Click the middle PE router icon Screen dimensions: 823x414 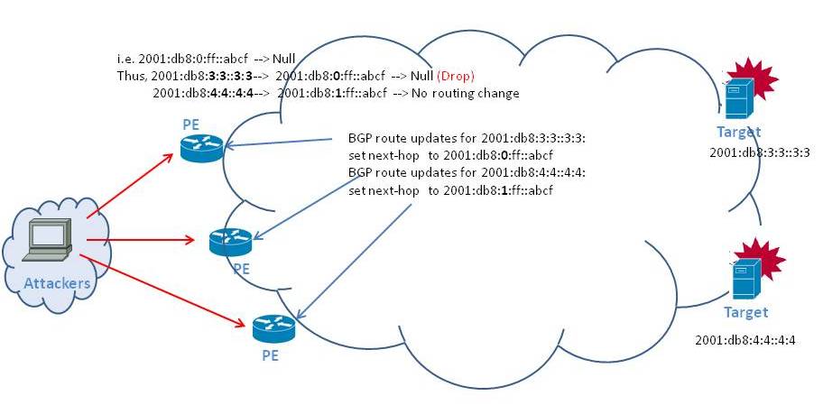point(230,242)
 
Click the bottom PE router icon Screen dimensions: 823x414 point(273,328)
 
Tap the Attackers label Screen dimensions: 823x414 point(57,283)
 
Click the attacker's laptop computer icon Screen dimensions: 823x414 point(47,239)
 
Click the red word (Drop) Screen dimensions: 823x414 point(455,76)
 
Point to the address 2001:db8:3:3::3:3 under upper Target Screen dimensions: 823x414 point(760,152)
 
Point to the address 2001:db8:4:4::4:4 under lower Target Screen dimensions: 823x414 point(745,341)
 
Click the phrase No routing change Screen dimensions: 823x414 point(465,94)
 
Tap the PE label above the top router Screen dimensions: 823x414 point(191,124)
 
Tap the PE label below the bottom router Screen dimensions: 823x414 point(270,355)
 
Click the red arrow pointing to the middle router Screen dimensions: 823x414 point(140,240)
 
